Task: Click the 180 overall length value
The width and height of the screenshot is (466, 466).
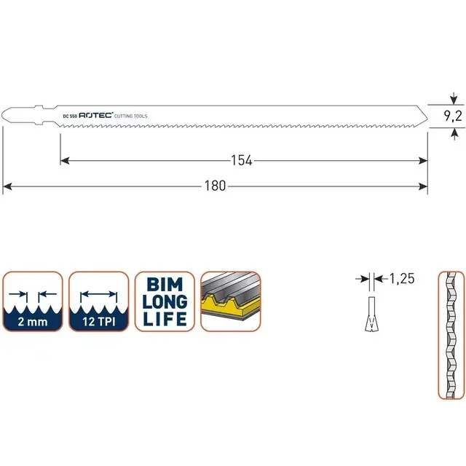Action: (x=216, y=186)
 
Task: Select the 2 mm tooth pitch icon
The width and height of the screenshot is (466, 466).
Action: (x=33, y=302)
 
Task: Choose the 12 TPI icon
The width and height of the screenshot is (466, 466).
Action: (x=98, y=302)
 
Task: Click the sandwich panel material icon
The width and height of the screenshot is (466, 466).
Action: (x=230, y=302)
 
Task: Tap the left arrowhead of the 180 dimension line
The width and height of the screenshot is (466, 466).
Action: (x=7, y=186)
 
